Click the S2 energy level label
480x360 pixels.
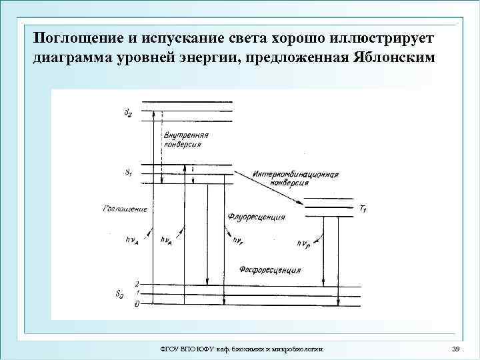click(x=127, y=112)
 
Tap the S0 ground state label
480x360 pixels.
click(x=119, y=294)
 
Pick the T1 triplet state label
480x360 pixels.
click(x=363, y=209)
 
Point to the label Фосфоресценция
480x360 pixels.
click(x=269, y=271)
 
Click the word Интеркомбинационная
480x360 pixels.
click(x=296, y=175)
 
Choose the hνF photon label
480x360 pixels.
click(x=238, y=241)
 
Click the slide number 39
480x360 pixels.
click(x=456, y=349)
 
